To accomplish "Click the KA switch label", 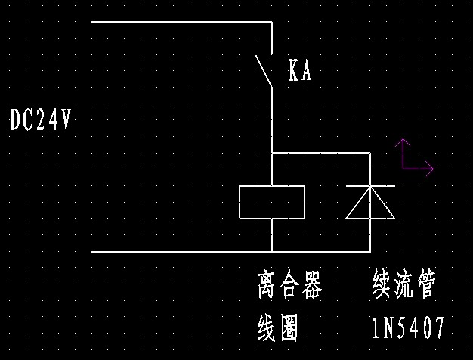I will point(299,72).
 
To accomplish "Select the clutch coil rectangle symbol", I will point(272,202).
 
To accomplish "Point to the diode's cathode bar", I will point(370,186).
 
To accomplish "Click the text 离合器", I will point(289,287).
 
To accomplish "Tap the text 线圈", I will point(278,327).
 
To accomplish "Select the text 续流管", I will point(403,287).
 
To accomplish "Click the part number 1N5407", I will point(408,327).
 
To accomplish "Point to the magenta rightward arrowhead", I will point(431,169).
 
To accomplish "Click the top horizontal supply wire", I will point(181,22).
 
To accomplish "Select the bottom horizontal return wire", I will point(181,251).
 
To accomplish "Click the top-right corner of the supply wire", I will point(271,22).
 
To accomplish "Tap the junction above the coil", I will point(272,153).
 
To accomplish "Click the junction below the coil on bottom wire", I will point(272,251).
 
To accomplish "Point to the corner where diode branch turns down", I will point(370,153).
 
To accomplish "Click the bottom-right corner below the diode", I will point(370,251).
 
